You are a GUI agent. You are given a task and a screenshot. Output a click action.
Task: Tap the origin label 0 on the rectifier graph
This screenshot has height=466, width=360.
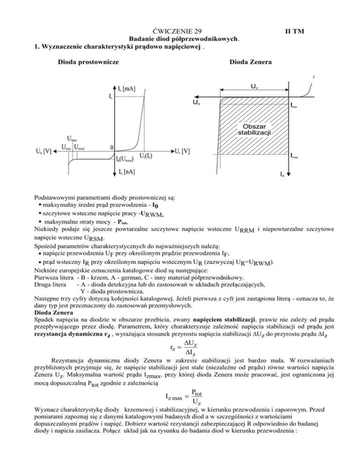[111, 147]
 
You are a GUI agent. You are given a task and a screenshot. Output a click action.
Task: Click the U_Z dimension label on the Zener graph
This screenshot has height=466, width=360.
[254, 86]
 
